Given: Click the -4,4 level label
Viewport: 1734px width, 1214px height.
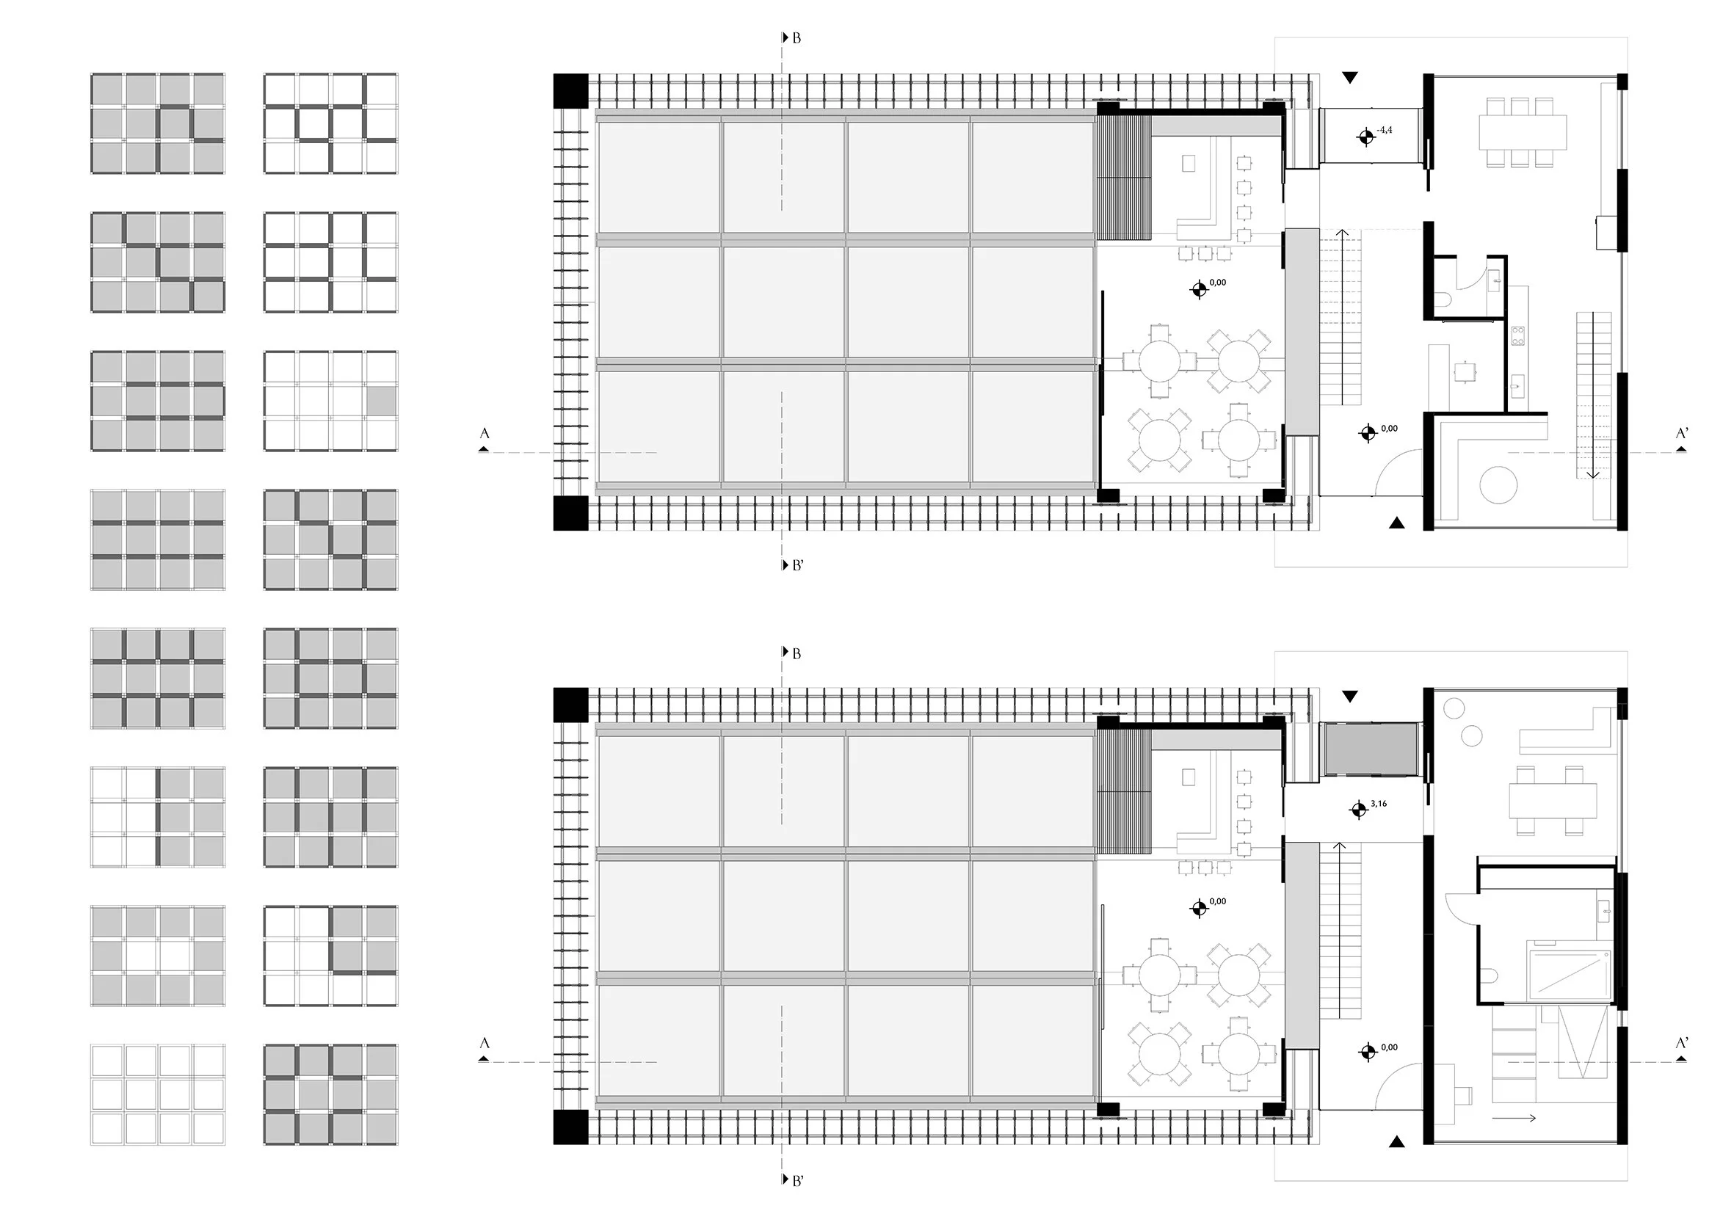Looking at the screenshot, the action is pyautogui.click(x=1385, y=131).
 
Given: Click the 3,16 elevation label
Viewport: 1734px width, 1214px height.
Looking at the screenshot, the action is pyautogui.click(x=1378, y=804).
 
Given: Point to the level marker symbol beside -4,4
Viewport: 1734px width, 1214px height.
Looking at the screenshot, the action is pyautogui.click(x=1365, y=137).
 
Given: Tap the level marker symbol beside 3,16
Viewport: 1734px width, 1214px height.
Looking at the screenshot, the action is pyautogui.click(x=1359, y=810).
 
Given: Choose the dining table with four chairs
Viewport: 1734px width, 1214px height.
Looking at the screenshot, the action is pyautogui.click(x=1553, y=801).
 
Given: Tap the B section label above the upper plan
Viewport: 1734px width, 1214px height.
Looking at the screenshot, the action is pyautogui.click(x=796, y=37).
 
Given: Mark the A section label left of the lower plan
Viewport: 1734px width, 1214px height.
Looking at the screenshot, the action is pyautogui.click(x=485, y=1044).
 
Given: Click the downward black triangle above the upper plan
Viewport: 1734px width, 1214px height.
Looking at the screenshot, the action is pyautogui.click(x=1350, y=77).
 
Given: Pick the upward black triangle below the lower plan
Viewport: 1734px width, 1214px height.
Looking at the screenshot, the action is pyautogui.click(x=1397, y=1143).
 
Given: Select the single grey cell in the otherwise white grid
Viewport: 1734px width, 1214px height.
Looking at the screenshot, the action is pyautogui.click(x=382, y=401).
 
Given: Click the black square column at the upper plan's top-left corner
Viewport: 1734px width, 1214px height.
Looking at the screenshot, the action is pyautogui.click(x=570, y=90).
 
